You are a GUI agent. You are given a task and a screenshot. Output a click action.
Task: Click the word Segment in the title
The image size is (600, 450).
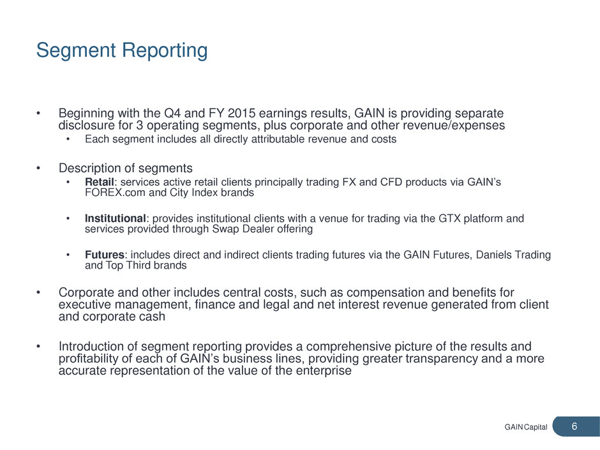pos(76,51)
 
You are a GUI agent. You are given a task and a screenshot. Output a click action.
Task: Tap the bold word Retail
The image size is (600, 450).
pos(100,182)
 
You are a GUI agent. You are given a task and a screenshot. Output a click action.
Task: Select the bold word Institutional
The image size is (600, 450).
pos(115,218)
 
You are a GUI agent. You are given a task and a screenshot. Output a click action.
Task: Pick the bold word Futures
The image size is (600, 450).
pos(105,255)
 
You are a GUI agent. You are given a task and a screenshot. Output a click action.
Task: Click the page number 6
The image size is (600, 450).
pos(574,426)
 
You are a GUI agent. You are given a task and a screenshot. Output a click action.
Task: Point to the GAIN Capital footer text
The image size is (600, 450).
pos(526,427)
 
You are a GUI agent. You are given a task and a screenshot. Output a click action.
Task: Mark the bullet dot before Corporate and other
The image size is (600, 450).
pos(38,293)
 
